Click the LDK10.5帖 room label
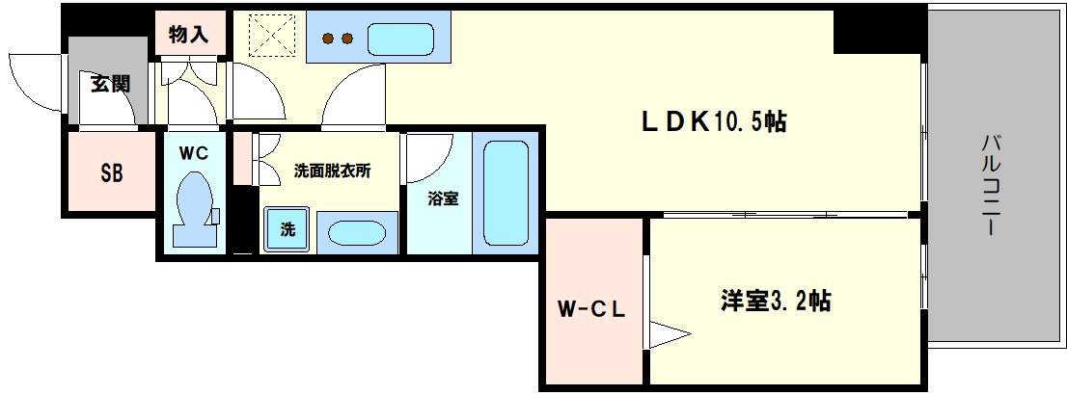point(713,121)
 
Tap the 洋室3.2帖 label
point(775,302)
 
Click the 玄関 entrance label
point(110,84)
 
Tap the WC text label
point(193,151)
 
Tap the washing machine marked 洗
point(287,229)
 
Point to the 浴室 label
point(443,199)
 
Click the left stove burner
point(328,39)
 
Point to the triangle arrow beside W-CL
point(668,335)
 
